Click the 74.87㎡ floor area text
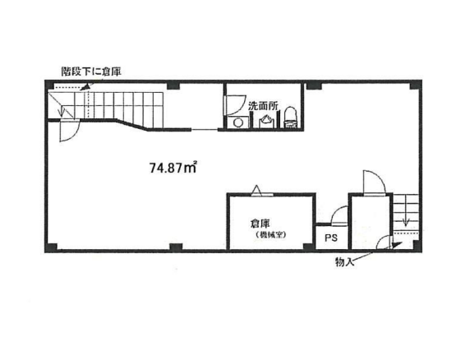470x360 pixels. click(x=173, y=168)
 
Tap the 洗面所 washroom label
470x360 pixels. click(x=263, y=106)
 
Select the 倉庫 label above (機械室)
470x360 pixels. click(x=260, y=224)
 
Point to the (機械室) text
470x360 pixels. click(x=270, y=235)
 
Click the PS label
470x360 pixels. click(x=331, y=238)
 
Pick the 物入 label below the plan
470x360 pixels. click(x=345, y=262)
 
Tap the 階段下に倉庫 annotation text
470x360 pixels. click(x=91, y=72)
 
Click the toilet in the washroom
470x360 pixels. click(x=290, y=118)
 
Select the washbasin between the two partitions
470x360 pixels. click(x=265, y=122)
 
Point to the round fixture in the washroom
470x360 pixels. click(x=238, y=122)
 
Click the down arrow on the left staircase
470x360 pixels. click(x=62, y=111)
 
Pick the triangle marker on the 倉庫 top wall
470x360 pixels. click(x=256, y=191)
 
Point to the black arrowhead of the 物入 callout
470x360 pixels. click(x=396, y=245)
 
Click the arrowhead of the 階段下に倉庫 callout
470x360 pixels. click(x=85, y=86)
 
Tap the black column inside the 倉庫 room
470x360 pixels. click(x=308, y=247)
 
